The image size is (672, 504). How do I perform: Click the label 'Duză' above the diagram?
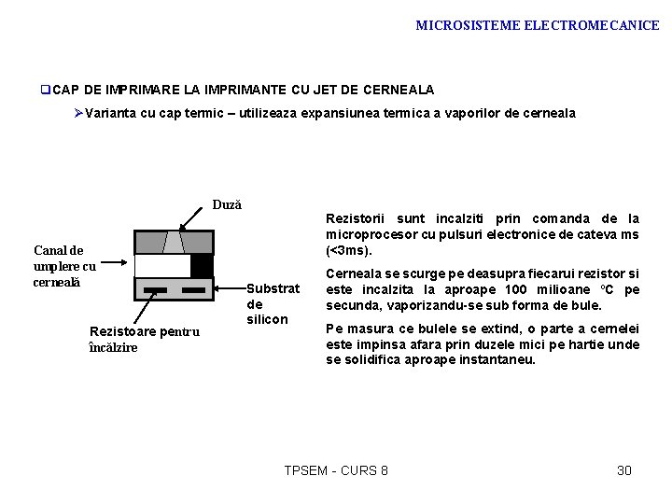tap(227, 203)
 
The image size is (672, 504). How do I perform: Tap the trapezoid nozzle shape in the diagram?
tap(175, 242)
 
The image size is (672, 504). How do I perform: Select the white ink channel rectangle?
tap(162, 265)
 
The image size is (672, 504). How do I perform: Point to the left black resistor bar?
tap(156, 290)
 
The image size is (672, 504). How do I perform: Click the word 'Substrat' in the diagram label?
tap(273, 288)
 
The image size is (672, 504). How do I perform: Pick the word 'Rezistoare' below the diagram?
tap(117, 331)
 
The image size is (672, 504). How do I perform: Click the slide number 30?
tap(624, 470)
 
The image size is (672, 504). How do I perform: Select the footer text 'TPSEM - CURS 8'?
tap(335, 470)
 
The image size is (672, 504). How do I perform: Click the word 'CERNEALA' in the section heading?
tap(399, 90)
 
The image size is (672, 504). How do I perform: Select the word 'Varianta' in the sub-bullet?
tap(112, 113)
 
